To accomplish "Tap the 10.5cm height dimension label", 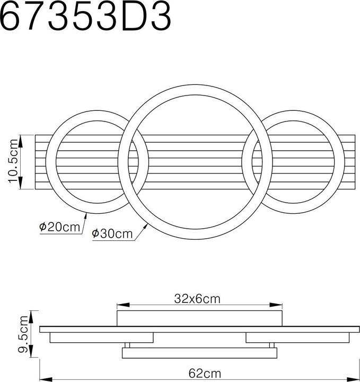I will click(x=13, y=162).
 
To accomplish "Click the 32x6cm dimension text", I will click(x=197, y=299).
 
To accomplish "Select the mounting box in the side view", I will click(x=199, y=318).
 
